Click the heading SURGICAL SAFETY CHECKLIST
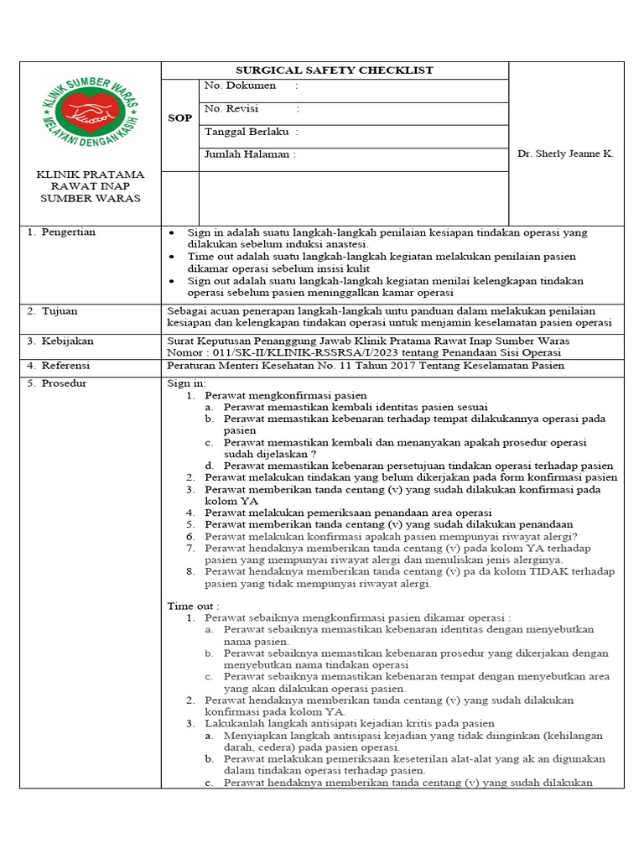tap(334, 70)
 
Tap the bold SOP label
tap(179, 118)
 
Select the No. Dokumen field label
tap(240, 86)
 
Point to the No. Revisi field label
tap(231, 108)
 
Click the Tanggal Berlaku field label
tap(247, 132)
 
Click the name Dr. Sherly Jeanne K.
tap(565, 154)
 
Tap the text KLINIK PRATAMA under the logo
tap(90, 175)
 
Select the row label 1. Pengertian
tap(61, 232)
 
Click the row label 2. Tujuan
tap(52, 311)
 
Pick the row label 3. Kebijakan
tap(60, 341)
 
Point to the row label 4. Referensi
tap(58, 366)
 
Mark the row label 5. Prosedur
tap(56, 383)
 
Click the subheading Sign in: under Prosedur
tap(186, 383)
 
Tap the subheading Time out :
tap(193, 606)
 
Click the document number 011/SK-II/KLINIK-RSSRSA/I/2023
tap(286, 353)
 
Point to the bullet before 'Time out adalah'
tap(172, 256)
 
